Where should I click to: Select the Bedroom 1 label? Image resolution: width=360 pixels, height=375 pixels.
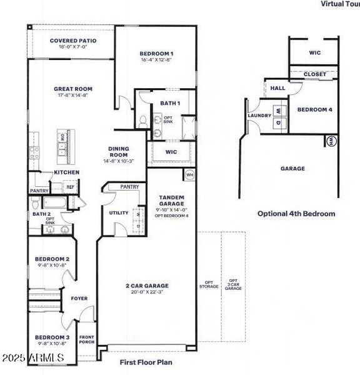coord(156,54)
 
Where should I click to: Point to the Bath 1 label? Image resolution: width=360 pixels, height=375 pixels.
coord(169,102)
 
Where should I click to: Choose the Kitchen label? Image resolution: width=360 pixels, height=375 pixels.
coord(66,172)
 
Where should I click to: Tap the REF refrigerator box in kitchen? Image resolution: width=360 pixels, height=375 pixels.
coord(70,186)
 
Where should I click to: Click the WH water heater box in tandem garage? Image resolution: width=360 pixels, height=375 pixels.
coord(189,174)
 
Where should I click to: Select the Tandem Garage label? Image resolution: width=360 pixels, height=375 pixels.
coord(171,201)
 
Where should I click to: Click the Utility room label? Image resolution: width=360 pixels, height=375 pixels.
coord(119,213)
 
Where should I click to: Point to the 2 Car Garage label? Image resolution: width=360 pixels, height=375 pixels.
coord(147,286)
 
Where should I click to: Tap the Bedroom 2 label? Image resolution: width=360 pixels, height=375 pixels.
coord(52,259)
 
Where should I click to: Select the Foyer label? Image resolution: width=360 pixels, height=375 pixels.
coord(79,298)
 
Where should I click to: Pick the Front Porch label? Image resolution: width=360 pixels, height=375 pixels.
coord(86,340)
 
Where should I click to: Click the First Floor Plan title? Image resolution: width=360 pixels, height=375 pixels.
coord(146,362)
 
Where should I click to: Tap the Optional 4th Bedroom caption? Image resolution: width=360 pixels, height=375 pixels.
coord(296,213)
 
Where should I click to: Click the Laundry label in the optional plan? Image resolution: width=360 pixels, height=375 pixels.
coord(259,116)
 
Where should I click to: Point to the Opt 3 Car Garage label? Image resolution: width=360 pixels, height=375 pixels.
coord(233,284)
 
